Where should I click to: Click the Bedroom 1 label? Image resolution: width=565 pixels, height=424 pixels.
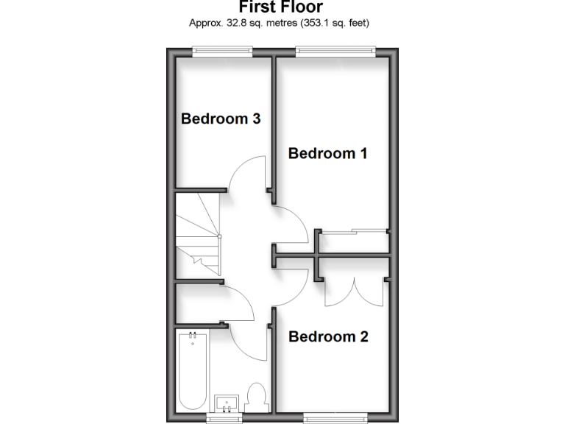coord(327,154)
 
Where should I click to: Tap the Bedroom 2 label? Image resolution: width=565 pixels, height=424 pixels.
coord(327,337)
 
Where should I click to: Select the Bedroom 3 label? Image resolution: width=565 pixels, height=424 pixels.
coord(221,119)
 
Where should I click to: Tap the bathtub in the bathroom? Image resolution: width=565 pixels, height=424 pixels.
coord(193,372)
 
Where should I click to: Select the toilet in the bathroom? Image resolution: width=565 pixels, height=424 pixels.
coord(257,397)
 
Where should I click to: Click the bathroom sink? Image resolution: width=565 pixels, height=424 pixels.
coord(227,403)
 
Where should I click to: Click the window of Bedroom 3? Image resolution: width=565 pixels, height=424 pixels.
coord(222,51)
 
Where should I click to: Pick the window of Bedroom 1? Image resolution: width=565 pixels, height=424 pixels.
coord(335,51)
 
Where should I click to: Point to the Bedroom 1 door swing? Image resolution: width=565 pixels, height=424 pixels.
coord(291,225)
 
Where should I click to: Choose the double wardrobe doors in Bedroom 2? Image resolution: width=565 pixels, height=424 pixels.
coord(355,292)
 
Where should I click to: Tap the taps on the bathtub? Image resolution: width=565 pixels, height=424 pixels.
coord(193,338)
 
